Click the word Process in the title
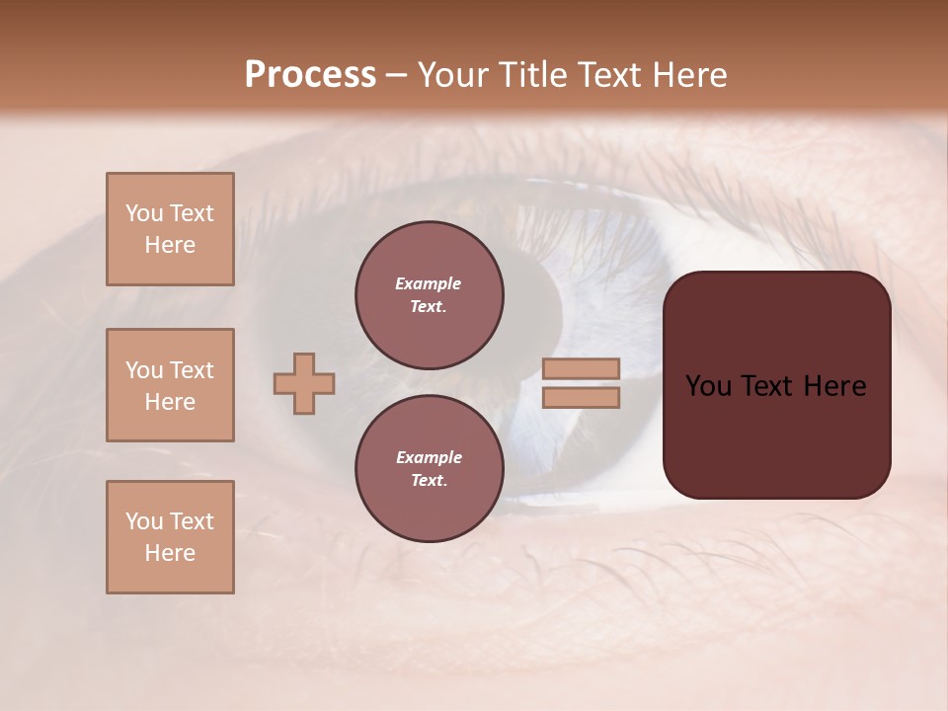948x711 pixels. pos(310,75)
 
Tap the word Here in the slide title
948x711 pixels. pos(685,75)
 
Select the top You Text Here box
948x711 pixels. pos(170,229)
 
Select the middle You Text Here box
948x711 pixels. pos(170,385)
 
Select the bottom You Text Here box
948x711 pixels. pos(170,537)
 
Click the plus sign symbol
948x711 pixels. pos(304,383)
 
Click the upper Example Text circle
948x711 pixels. pos(430,295)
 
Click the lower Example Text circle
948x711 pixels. pos(430,469)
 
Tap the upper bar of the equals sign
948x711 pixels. pos(582,368)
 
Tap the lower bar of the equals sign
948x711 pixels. pos(582,398)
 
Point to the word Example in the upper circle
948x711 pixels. pos(429,283)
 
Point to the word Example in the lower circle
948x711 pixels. pos(429,457)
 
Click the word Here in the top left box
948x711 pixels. pos(170,245)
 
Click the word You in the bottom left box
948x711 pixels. pos(144,521)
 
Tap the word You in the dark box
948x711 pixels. pos(708,386)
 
